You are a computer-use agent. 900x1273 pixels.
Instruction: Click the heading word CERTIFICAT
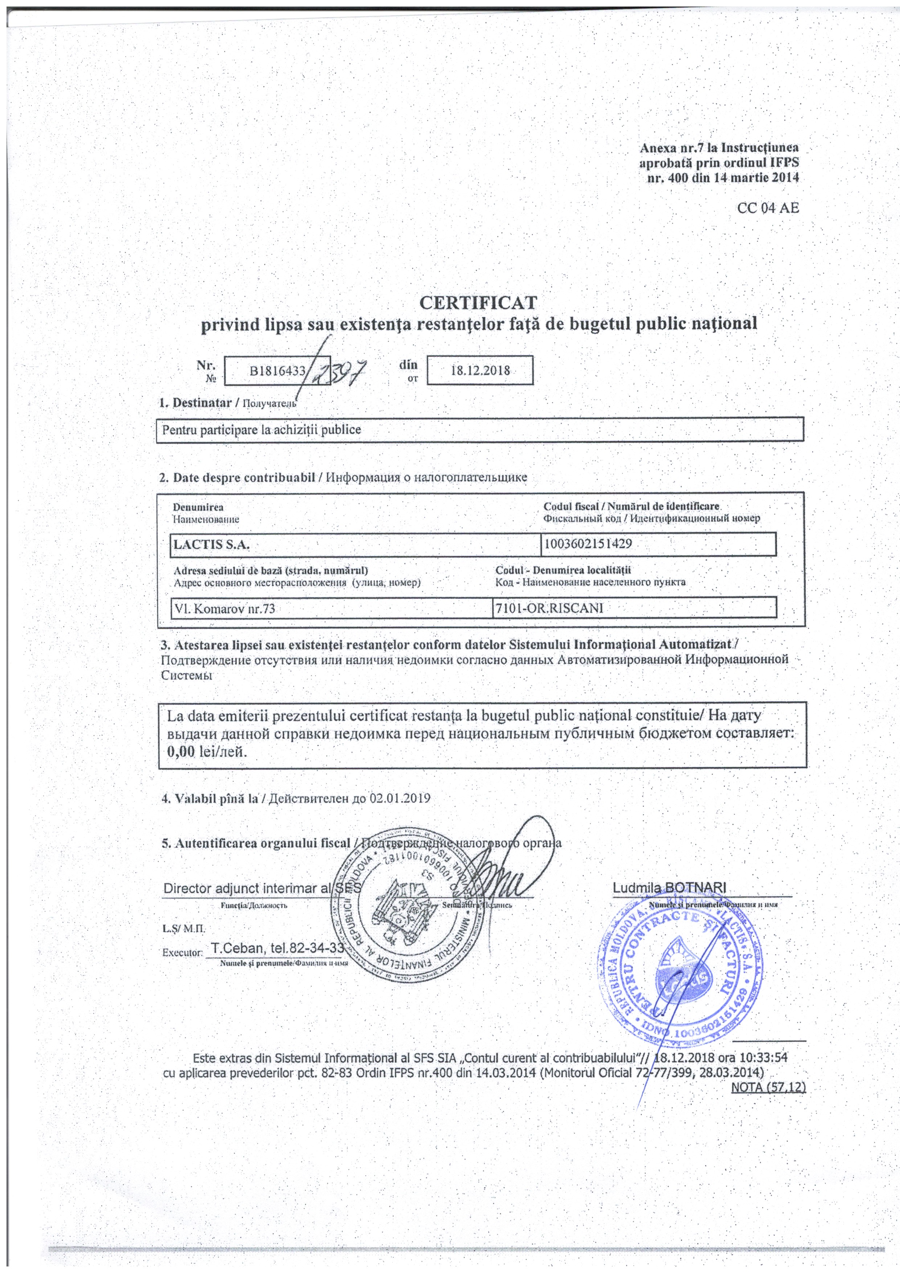point(478,303)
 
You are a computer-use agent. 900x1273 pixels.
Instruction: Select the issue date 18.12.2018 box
point(480,371)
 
